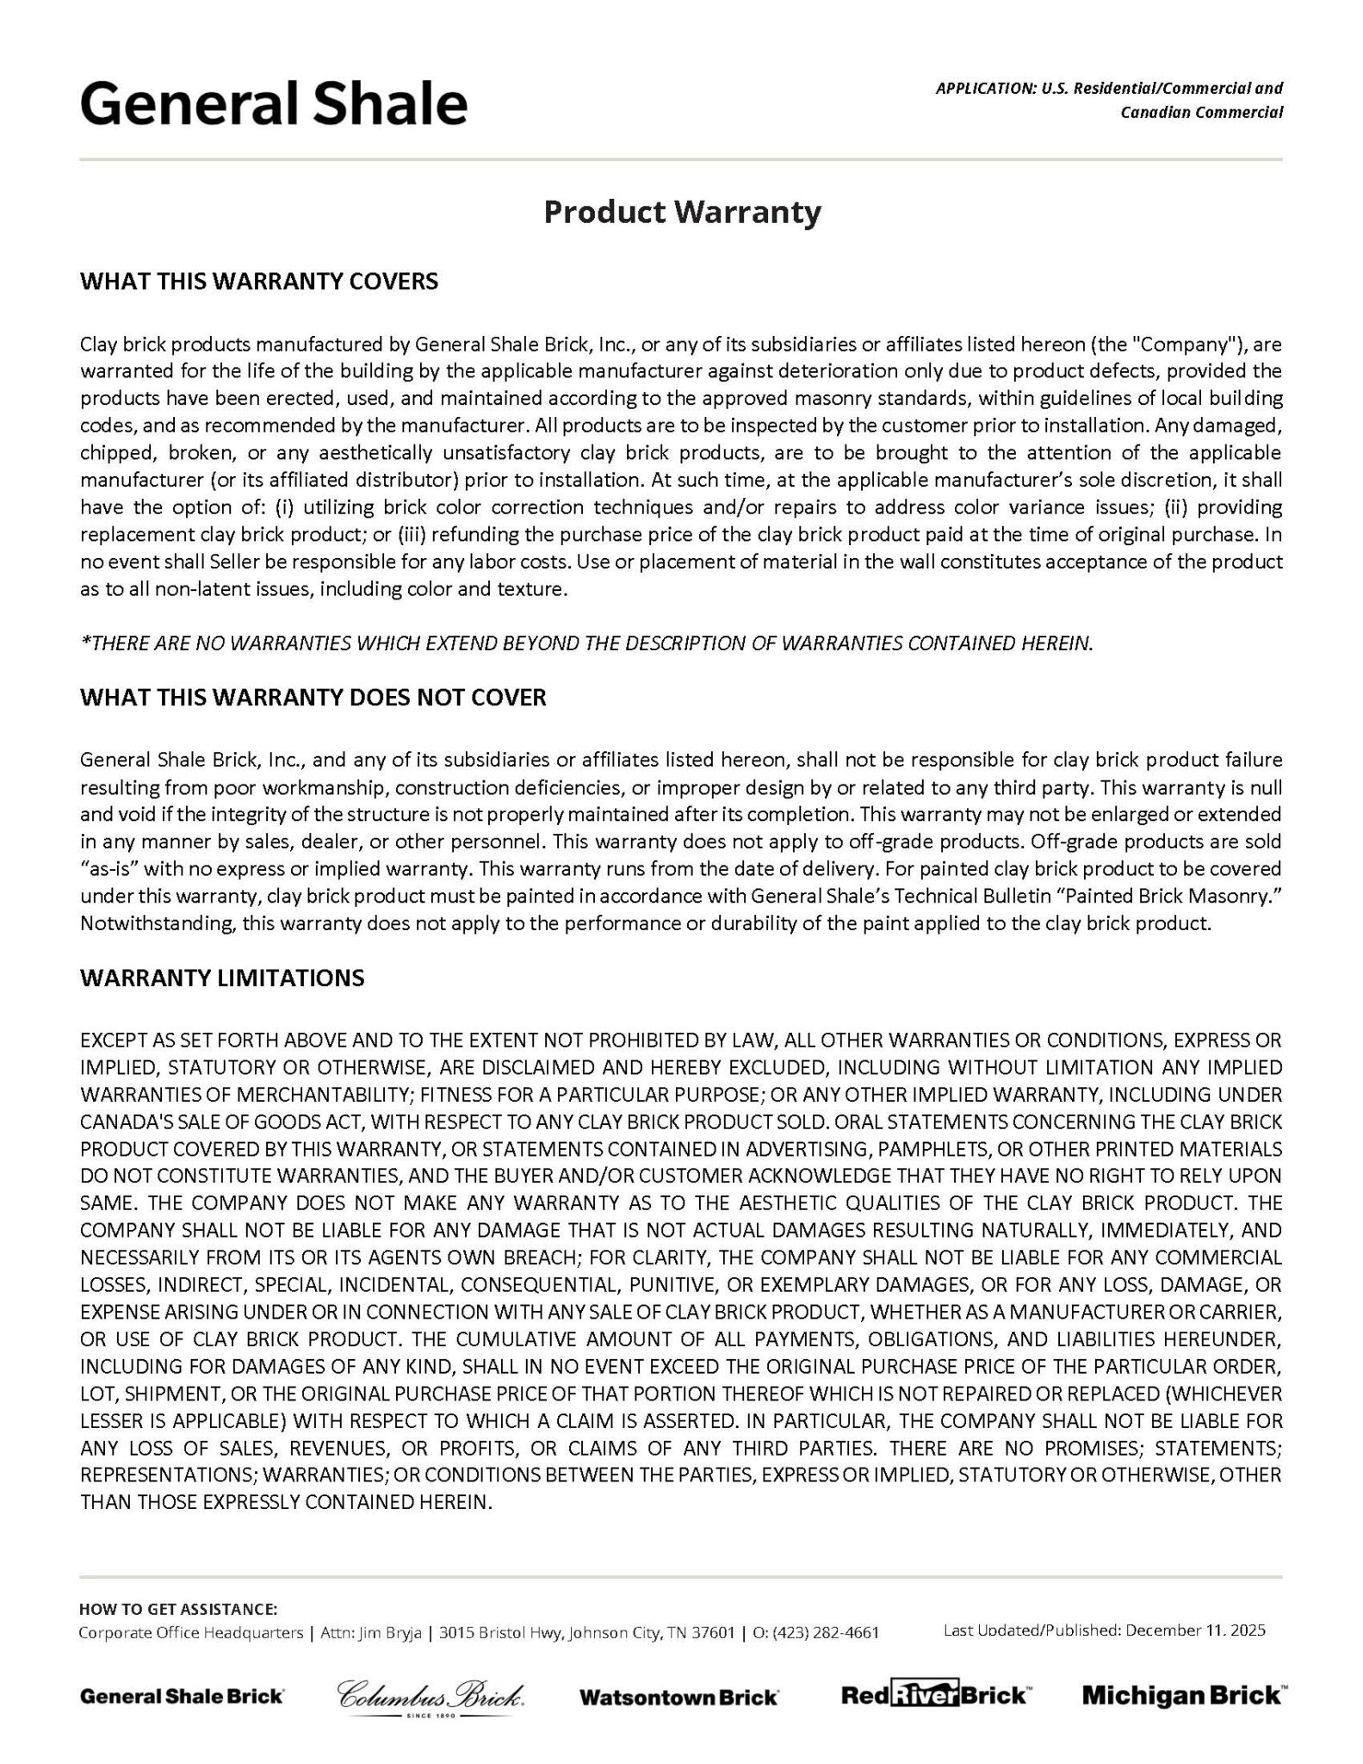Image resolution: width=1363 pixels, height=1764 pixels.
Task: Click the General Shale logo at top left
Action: tap(274, 104)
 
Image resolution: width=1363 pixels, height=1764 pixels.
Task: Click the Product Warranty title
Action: tap(682, 212)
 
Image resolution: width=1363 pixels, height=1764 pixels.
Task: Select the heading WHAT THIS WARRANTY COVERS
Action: tap(258, 282)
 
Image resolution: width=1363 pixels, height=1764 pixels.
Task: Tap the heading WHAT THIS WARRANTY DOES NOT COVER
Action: tap(313, 697)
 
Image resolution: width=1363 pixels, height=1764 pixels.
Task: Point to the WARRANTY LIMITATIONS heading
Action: tap(222, 978)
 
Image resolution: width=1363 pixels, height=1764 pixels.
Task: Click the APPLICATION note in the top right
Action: tap(1109, 100)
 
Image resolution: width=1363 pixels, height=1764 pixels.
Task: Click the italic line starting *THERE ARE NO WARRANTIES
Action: tap(585, 643)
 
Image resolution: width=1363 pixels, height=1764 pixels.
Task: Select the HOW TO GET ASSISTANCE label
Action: tap(178, 1609)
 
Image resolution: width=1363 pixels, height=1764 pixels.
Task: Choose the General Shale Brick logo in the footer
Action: tap(182, 1696)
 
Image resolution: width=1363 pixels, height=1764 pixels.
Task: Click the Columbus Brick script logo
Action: tap(430, 1696)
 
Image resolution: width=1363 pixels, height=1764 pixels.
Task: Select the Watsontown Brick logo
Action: tap(678, 1697)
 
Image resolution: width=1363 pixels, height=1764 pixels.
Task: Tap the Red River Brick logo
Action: tap(933, 1695)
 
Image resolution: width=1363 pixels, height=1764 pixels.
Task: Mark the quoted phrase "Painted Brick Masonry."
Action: tap(1169, 896)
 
